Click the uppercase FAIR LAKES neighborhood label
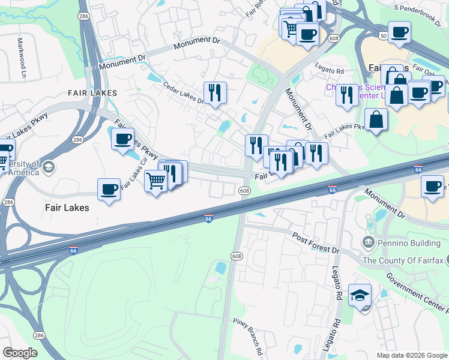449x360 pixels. (92, 93)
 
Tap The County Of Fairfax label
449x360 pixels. (405, 260)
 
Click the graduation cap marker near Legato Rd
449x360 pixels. (360, 295)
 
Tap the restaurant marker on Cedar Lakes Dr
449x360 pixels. (215, 92)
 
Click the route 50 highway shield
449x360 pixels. (383, 37)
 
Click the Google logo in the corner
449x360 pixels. (20, 353)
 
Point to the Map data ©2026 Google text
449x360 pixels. (411, 355)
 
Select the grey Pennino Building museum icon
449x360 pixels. (368, 242)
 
